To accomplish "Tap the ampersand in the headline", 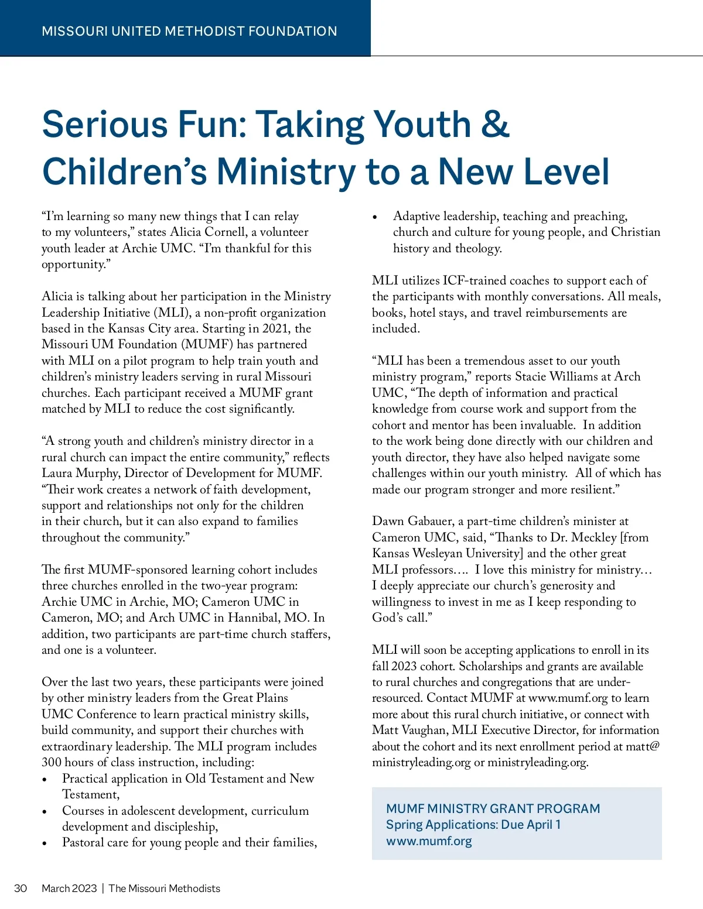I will point(496,124).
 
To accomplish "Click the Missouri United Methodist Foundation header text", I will point(189,31).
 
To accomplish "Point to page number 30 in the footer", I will point(21,888).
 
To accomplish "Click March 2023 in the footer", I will point(69,888).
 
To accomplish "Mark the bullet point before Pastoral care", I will point(45,843).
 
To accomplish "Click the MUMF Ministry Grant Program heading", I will point(493,808).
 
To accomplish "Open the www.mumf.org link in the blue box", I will point(429,841).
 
